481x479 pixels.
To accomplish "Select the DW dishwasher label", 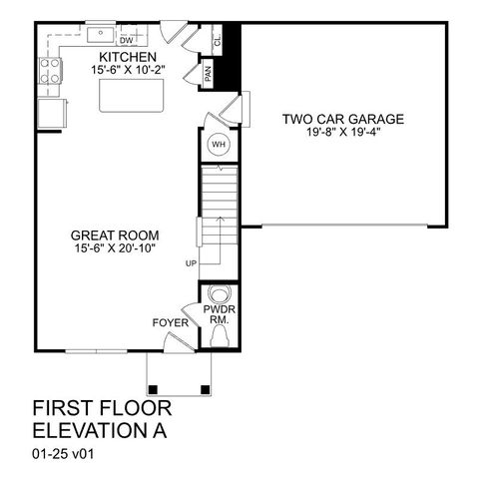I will click(x=127, y=41).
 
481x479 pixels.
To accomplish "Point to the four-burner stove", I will click(x=49, y=71).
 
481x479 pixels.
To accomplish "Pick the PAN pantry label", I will click(x=208, y=73).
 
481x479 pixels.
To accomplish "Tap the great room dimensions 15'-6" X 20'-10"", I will click(x=113, y=246).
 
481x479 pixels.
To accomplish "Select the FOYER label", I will click(x=169, y=322).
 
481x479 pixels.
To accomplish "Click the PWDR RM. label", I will click(x=219, y=315).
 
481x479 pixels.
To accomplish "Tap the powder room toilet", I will click(x=219, y=295).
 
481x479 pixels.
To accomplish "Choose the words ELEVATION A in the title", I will click(x=98, y=431).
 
